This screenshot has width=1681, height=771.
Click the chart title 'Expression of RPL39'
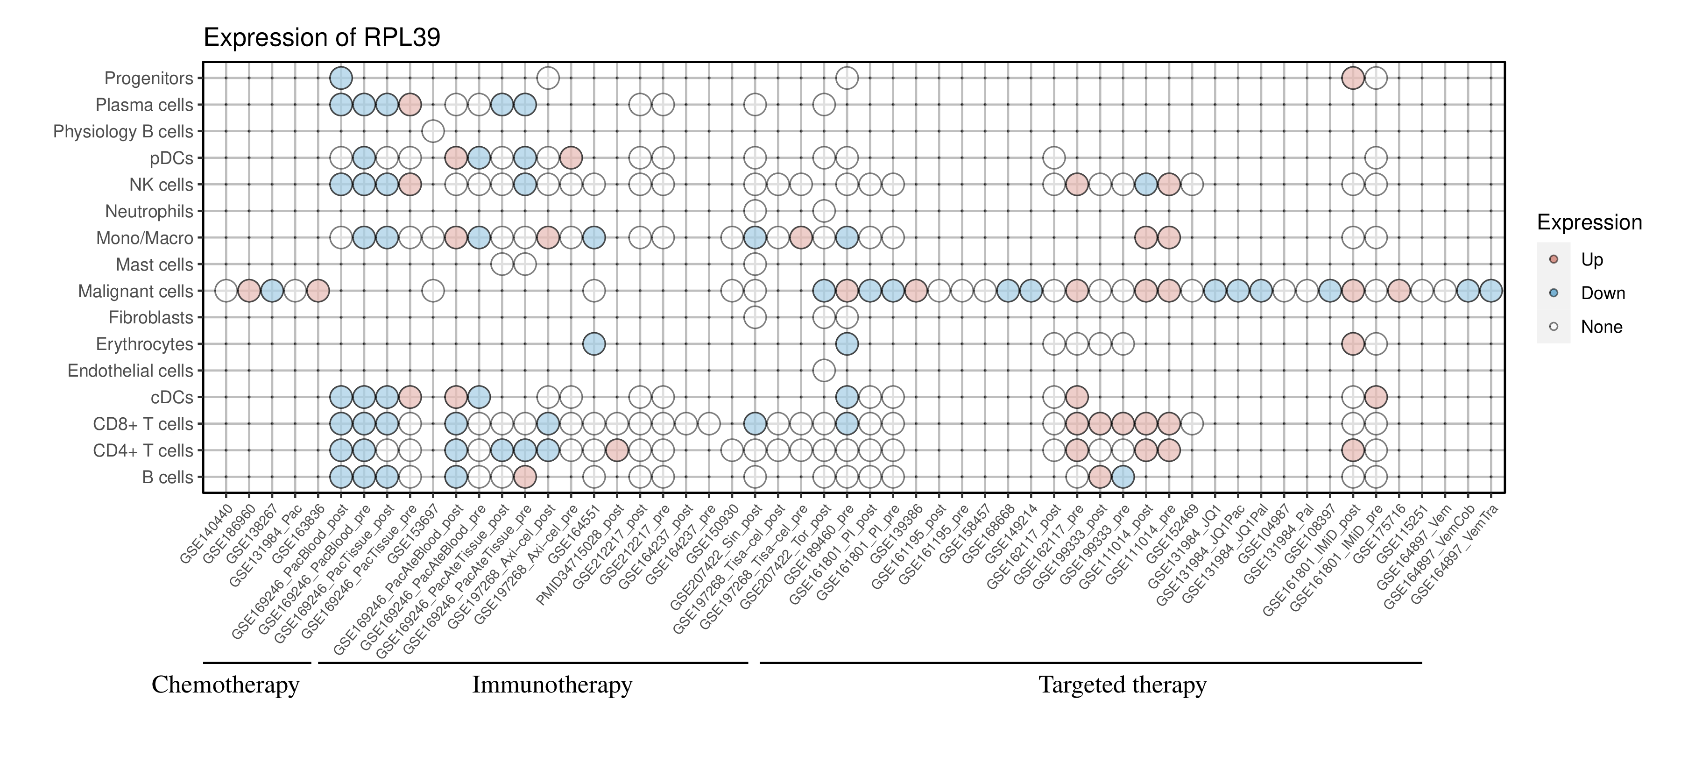[x=322, y=38]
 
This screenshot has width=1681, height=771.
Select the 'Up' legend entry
[x=1592, y=260]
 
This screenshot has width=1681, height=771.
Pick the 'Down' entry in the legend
[x=1602, y=293]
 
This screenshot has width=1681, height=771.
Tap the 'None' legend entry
[x=1601, y=327]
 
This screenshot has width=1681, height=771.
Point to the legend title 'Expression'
[x=1589, y=222]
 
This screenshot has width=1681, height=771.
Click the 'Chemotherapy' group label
[x=225, y=685]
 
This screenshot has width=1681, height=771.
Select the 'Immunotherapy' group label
[x=551, y=685]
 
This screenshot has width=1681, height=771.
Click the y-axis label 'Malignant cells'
[x=136, y=291]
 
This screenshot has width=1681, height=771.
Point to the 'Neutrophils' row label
[x=149, y=212]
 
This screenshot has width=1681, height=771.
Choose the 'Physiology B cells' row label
[x=123, y=131]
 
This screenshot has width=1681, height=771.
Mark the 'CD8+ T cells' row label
[x=143, y=424]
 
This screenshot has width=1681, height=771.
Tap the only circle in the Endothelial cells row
[x=824, y=371]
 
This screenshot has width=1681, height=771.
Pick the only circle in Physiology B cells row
[x=433, y=131]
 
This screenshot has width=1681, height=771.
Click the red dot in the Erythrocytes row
[x=1353, y=344]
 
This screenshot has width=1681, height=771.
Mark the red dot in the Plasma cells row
[x=410, y=105]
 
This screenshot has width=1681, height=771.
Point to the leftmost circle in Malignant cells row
[x=226, y=291]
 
